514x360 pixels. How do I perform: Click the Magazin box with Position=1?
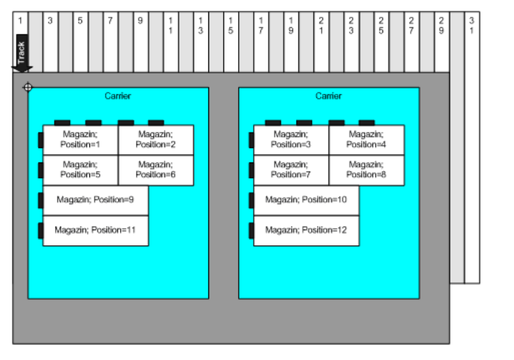click(x=80, y=140)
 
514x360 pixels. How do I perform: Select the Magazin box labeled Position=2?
click(x=156, y=140)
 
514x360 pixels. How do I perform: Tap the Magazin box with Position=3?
click(x=291, y=140)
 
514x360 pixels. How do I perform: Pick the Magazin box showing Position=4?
click(x=367, y=140)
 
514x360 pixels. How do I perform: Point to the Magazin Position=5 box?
click(x=80, y=170)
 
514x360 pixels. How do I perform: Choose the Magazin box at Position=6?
click(x=156, y=170)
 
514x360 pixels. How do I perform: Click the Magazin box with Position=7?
click(x=291, y=170)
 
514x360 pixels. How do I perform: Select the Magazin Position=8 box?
click(x=367, y=170)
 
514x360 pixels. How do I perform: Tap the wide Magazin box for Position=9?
click(x=95, y=200)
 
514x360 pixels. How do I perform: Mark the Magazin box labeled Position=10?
click(x=306, y=200)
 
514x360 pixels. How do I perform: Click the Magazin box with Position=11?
click(x=95, y=230)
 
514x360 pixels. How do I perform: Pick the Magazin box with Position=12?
click(x=306, y=230)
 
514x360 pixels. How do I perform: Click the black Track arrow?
click(x=22, y=54)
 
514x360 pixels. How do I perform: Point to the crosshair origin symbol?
click(x=27, y=88)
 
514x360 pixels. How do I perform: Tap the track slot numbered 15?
click(x=231, y=36)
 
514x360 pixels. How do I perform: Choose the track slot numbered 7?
click(x=110, y=36)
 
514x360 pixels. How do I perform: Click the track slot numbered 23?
click(x=351, y=36)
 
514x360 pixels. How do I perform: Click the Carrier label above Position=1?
click(x=118, y=96)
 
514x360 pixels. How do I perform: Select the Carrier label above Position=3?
click(x=329, y=96)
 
